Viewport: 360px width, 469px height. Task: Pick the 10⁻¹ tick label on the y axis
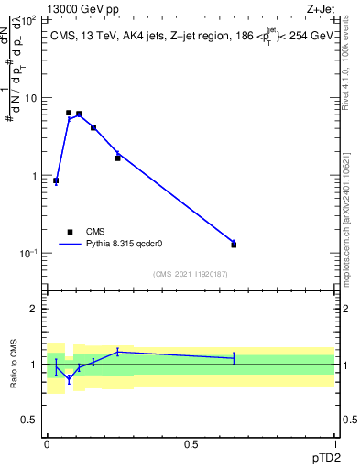tap(29, 254)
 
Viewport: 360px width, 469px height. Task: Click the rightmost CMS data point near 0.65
tap(234, 245)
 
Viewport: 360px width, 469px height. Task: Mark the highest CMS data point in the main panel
tap(69, 113)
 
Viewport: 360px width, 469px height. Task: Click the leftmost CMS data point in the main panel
tap(56, 180)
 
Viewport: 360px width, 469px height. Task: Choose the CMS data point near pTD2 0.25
tap(117, 158)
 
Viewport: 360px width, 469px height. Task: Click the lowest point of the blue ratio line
tap(69, 378)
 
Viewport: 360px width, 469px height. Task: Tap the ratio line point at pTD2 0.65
tap(234, 358)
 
